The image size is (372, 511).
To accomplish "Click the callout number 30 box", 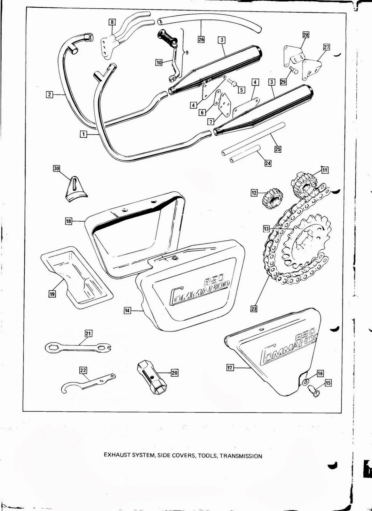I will coord(57,168).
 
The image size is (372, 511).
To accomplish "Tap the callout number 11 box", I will coord(325,170).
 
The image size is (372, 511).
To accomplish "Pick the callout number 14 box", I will coord(127,310).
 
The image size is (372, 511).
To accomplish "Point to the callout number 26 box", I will coord(201,40).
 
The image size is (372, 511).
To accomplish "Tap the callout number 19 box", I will coord(51,294).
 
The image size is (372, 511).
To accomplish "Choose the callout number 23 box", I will coord(254,309).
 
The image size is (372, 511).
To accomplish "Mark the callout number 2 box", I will coord(49,95).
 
